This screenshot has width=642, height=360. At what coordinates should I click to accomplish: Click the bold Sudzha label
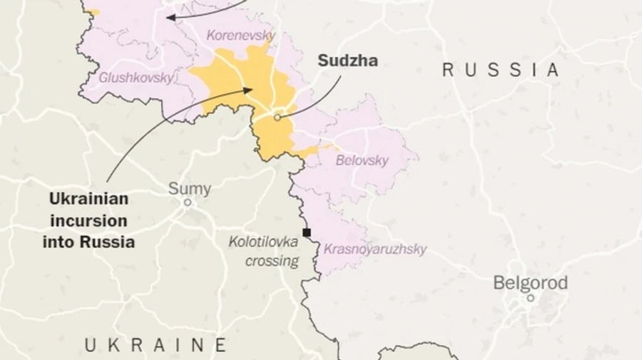tap(347, 61)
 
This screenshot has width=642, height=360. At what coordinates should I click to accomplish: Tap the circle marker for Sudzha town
tap(277, 117)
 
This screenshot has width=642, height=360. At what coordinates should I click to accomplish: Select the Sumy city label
tap(189, 189)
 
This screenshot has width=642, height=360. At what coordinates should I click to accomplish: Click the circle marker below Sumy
tap(188, 202)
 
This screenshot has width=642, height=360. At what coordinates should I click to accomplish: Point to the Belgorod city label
tap(530, 283)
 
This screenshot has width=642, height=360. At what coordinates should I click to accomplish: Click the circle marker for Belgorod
tap(530, 298)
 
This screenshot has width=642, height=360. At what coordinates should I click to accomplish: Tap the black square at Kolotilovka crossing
tap(307, 232)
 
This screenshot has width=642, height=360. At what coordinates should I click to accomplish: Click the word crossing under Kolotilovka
tap(272, 261)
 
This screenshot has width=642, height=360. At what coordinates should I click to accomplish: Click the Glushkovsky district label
tap(136, 78)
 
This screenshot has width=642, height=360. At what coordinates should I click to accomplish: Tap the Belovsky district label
tap(362, 160)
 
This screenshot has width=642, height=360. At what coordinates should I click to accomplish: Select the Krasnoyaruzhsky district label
tap(375, 249)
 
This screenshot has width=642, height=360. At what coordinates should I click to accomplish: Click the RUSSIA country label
tap(501, 70)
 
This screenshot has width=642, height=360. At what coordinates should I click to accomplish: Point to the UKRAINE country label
tap(156, 345)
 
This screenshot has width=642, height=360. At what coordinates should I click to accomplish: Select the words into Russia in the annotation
tap(88, 242)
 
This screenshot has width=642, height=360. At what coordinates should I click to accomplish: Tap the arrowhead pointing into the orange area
tap(249, 90)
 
